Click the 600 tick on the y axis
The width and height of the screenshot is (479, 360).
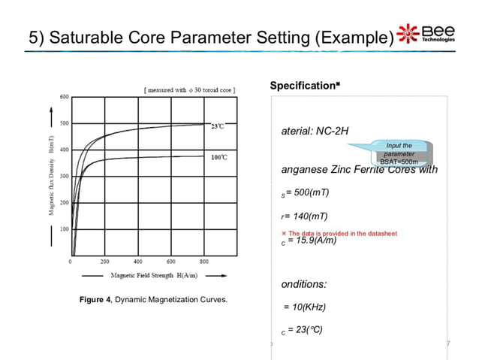click(x=64, y=97)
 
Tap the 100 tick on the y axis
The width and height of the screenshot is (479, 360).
click(x=64, y=229)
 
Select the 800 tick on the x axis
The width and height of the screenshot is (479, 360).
click(x=204, y=262)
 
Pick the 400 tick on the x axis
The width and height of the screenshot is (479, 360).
click(x=137, y=262)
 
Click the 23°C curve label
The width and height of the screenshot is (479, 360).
click(x=218, y=126)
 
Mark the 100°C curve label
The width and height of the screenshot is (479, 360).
click(x=219, y=158)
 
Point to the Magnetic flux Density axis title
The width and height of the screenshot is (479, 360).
click(x=52, y=177)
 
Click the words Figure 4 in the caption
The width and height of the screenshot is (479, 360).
click(x=95, y=301)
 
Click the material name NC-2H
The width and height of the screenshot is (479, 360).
click(x=334, y=130)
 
